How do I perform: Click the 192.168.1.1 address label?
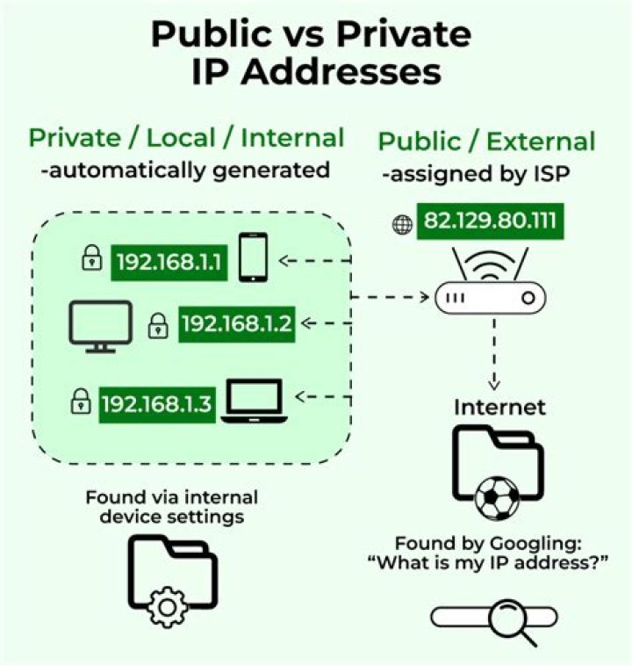coord(169,262)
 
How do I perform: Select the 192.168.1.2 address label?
coord(237,324)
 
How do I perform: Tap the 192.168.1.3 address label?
coord(157,404)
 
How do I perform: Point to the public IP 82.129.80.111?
coord(490,221)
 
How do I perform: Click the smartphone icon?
coord(254,257)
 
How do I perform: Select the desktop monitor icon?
coord(101,326)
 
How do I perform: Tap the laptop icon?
coord(255,401)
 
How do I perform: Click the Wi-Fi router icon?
coord(490,281)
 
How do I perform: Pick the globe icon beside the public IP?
coord(402,225)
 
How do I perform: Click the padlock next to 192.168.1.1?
coord(91,257)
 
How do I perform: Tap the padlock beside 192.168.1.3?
coord(80,401)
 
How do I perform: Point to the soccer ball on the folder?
coord(497,499)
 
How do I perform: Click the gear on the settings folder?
coord(167,607)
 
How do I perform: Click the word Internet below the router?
coord(499,408)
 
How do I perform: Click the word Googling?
coord(535,545)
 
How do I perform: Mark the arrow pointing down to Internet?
coord(494,354)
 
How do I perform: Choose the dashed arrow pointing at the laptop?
coord(323,397)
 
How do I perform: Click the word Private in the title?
coord(404,34)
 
